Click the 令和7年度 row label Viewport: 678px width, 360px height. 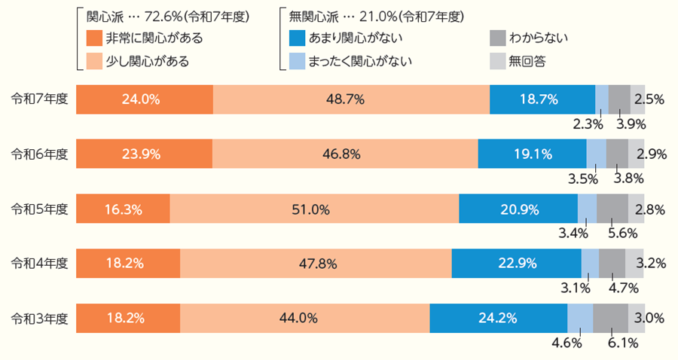click(40, 99)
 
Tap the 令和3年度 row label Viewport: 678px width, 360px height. click(40, 318)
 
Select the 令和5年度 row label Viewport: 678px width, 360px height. click(40, 209)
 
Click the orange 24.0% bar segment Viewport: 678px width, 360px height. click(144, 99)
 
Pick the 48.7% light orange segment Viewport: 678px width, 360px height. click(350, 99)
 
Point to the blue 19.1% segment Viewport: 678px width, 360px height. click(532, 154)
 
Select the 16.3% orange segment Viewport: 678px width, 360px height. click(123, 209)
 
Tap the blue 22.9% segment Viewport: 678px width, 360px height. click(516, 264)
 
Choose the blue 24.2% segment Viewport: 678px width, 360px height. click(498, 318)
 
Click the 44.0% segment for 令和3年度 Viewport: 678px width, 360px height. click(304, 318)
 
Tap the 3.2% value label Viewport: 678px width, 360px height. click(649, 264)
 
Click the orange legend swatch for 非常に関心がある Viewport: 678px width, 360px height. click(94, 38)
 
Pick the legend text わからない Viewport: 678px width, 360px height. click(539, 38)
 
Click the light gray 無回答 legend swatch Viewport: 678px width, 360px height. click(496, 60)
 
